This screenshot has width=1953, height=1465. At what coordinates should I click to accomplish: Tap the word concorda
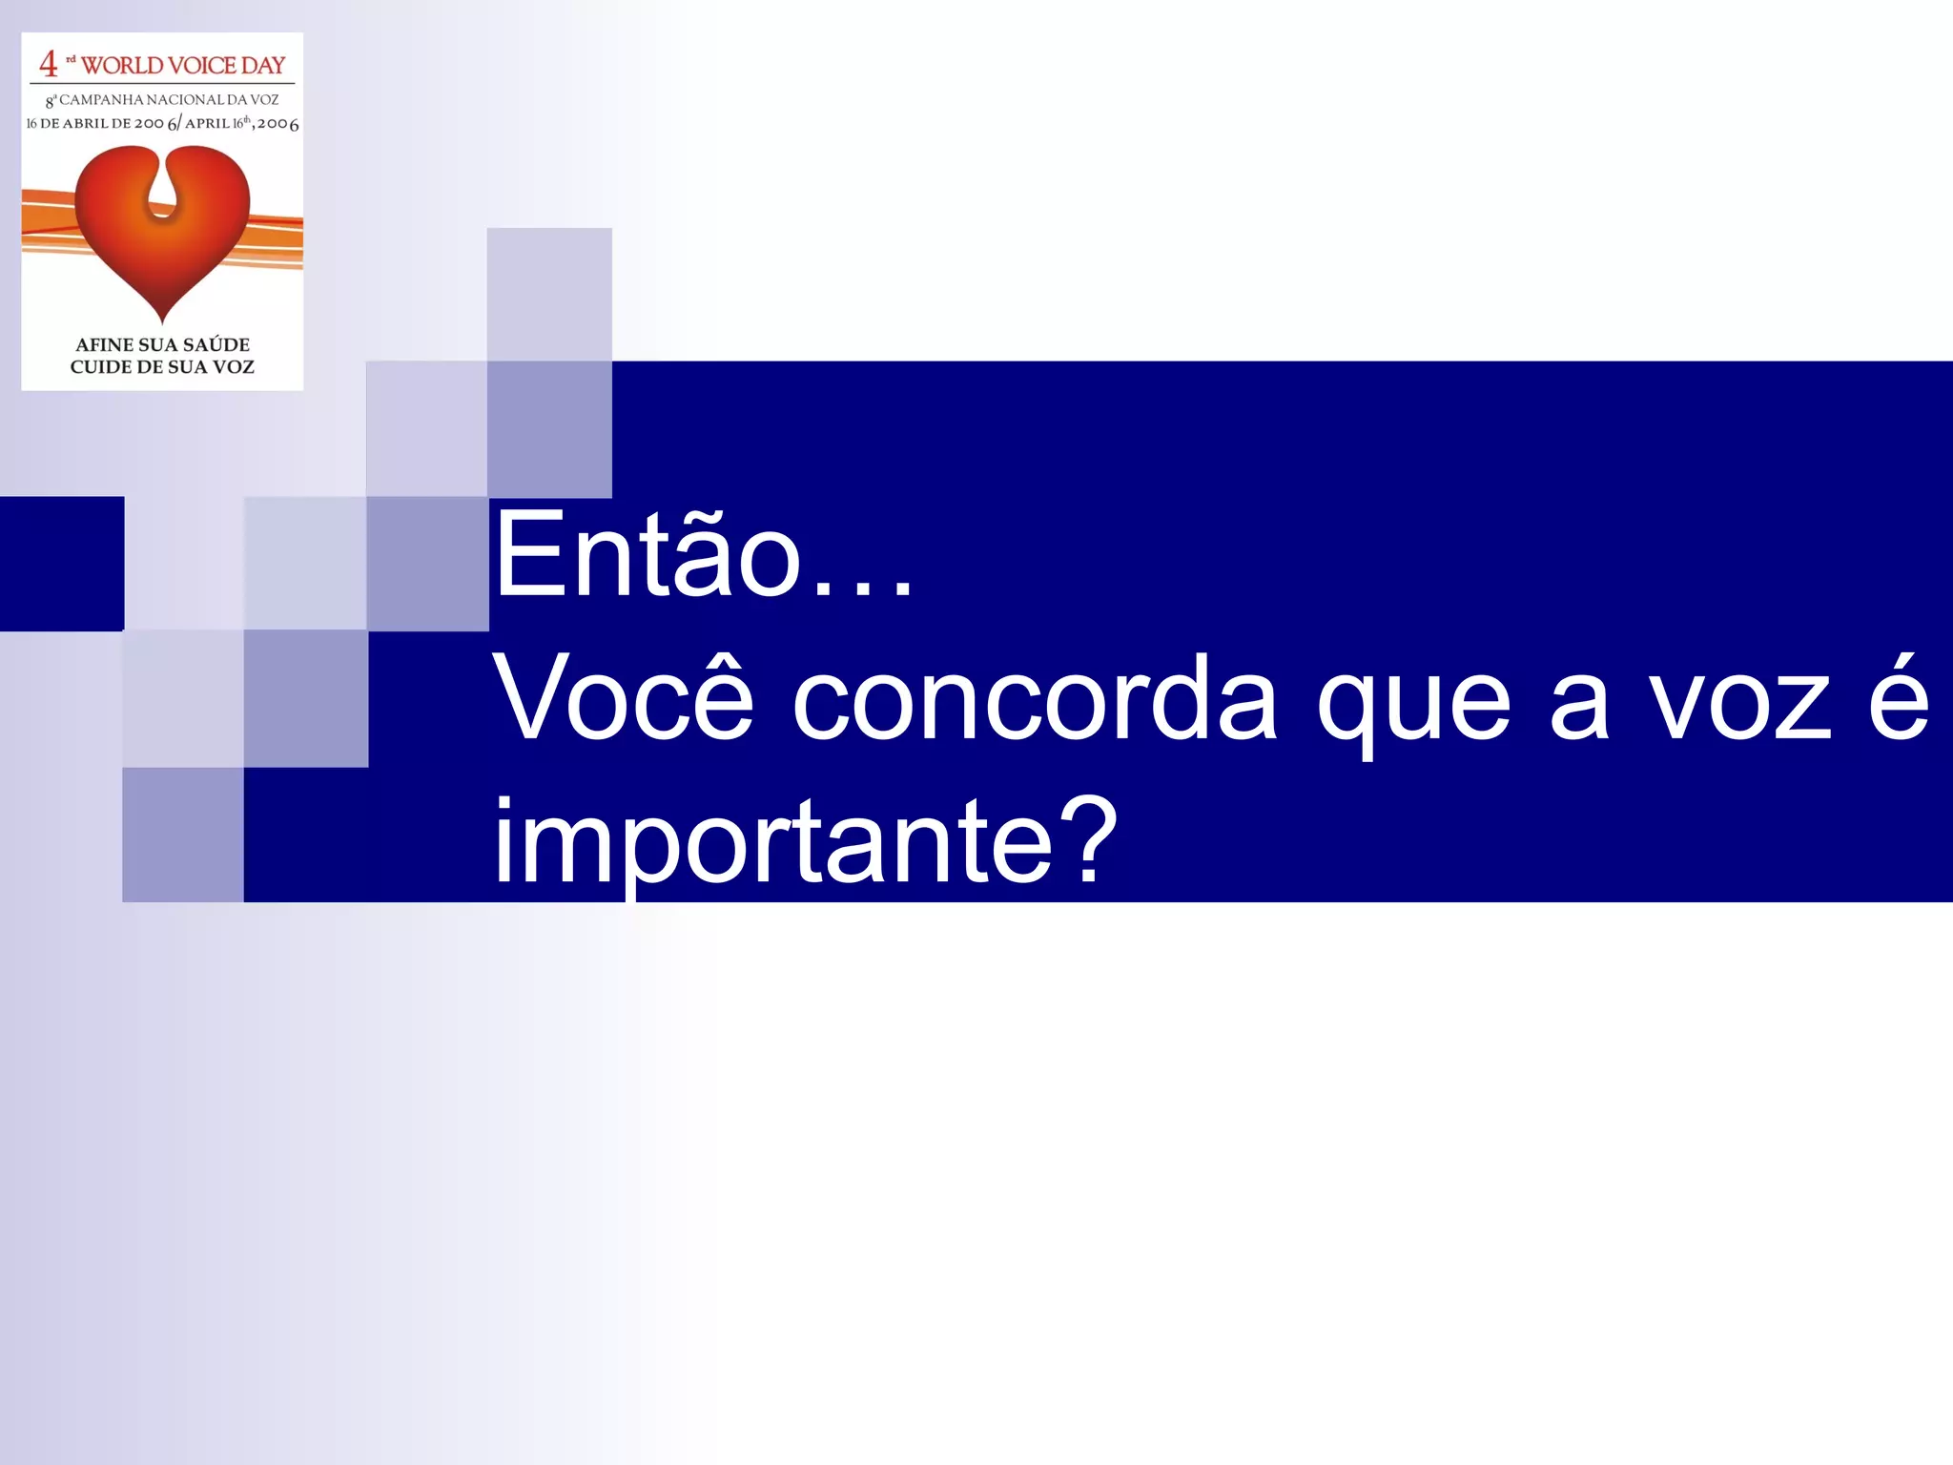(1034, 699)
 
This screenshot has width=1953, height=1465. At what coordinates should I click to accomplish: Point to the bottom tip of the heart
(162, 320)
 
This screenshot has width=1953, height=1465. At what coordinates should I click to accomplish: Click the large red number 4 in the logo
(48, 64)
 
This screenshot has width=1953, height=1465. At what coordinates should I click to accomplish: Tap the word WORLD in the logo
(122, 66)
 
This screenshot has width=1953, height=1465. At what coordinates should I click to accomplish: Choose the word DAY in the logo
(263, 66)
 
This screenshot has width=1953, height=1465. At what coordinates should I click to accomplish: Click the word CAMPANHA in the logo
(101, 99)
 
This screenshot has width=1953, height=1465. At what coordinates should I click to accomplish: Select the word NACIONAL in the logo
(184, 99)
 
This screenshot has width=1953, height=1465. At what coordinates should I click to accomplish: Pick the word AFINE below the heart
(104, 344)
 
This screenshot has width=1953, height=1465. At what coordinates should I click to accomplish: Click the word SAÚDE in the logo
(216, 344)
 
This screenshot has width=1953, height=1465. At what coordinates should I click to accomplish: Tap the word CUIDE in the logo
(100, 367)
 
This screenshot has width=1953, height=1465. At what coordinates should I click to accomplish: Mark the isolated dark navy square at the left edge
(62, 564)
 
